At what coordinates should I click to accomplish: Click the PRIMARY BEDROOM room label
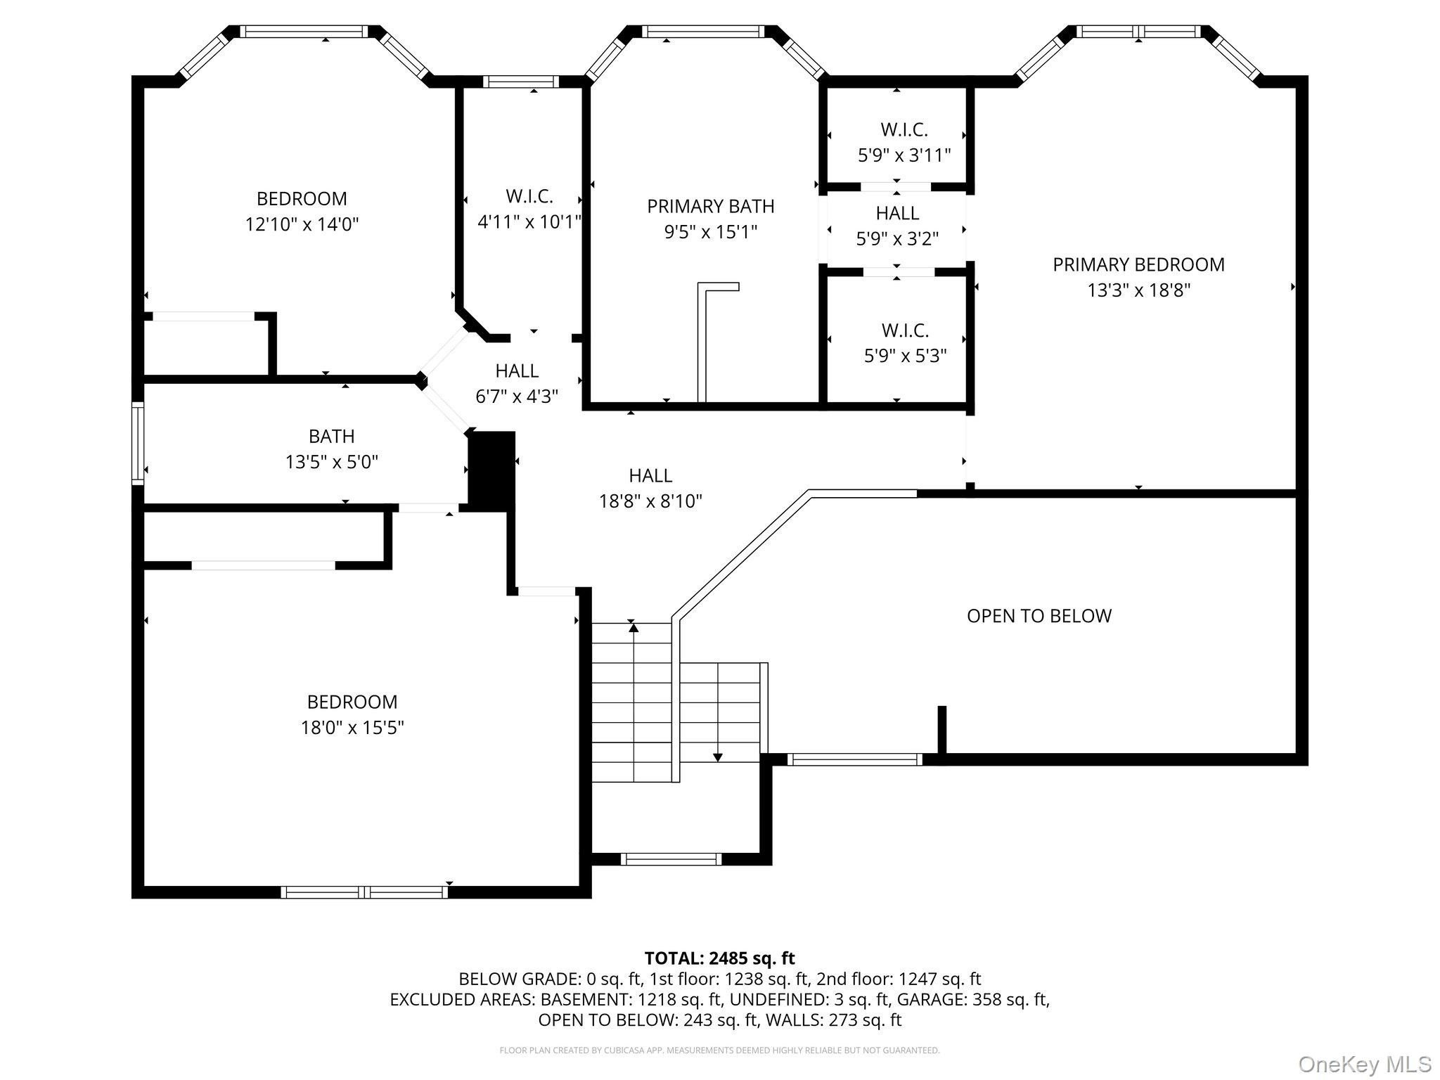pos(1138,264)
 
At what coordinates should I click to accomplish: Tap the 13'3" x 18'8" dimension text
pos(1138,290)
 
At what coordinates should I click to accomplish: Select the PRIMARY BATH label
pos(711,206)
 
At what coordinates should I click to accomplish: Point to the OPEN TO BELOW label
pos(1039,616)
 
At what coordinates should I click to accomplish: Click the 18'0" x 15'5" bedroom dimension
pos(352,727)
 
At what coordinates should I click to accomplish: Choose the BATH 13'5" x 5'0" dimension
pos(332,462)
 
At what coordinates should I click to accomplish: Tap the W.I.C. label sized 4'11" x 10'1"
pos(529,196)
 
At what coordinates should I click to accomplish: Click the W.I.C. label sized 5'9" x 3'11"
pos(904,129)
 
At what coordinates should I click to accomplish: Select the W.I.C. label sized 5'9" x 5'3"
pos(906,330)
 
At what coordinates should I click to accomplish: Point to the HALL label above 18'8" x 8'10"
pos(650,475)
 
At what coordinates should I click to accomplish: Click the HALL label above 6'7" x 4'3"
pos(517,371)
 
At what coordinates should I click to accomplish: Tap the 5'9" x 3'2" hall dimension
pos(897,239)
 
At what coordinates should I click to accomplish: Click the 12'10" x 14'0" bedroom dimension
pos(302,224)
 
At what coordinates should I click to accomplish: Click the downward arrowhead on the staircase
pos(717,757)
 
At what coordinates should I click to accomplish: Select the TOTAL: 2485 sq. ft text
pos(719,958)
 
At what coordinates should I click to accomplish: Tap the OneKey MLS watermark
pos(1365,1064)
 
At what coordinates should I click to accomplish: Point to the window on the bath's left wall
pos(138,443)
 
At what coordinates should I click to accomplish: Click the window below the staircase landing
pos(671,859)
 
